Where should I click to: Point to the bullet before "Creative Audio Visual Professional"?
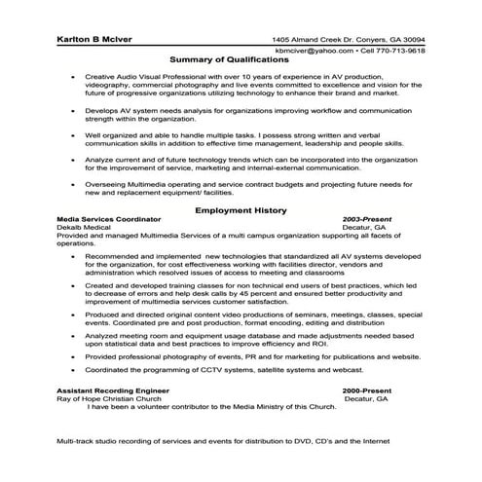73,75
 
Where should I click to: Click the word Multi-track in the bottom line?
76,443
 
